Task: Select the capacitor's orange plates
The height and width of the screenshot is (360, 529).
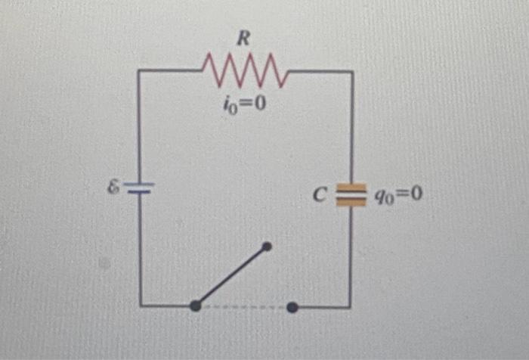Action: (x=351, y=194)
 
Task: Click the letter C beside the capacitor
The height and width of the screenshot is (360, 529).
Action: (x=319, y=195)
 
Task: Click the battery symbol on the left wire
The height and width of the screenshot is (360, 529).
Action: (x=139, y=187)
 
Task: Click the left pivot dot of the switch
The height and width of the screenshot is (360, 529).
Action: (x=195, y=306)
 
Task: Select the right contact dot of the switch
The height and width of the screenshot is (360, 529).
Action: (x=292, y=306)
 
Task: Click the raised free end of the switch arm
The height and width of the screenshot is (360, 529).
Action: (x=266, y=246)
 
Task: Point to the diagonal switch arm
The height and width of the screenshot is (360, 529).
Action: (x=230, y=276)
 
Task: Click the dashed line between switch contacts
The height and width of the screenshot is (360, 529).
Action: (x=244, y=306)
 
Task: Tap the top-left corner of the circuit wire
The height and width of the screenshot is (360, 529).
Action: (x=139, y=71)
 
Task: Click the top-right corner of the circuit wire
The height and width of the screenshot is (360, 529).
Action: (x=351, y=72)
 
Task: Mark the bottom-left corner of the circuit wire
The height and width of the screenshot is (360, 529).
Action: (x=141, y=306)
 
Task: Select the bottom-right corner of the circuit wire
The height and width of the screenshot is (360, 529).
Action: (x=350, y=306)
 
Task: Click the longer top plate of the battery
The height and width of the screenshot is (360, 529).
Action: (x=139, y=183)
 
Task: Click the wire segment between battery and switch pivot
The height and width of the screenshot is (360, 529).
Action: (x=141, y=250)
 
